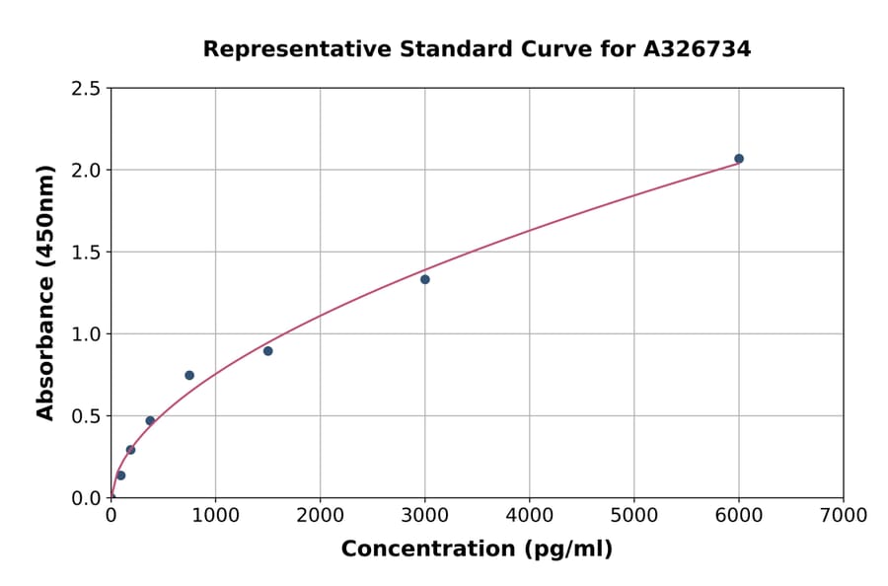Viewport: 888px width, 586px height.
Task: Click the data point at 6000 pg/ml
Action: [x=738, y=159]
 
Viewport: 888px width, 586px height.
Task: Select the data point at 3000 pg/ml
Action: [x=424, y=279]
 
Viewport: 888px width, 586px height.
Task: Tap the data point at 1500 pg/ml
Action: [x=267, y=351]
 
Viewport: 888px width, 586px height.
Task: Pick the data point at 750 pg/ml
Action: [x=189, y=375]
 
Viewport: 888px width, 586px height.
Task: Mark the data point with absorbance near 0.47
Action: [x=150, y=420]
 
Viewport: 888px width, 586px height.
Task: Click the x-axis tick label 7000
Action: [x=843, y=515]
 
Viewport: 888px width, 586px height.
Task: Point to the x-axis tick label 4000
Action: [x=529, y=515]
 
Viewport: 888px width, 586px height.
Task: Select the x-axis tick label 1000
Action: [x=215, y=515]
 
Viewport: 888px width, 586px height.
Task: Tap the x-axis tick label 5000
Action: [x=633, y=515]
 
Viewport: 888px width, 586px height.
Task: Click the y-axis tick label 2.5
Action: [x=87, y=89]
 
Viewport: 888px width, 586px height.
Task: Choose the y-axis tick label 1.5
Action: [x=87, y=253]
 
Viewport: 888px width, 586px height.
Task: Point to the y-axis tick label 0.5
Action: [x=87, y=416]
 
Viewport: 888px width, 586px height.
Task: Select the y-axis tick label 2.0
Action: [x=87, y=171]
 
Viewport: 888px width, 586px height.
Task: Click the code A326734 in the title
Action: [x=697, y=49]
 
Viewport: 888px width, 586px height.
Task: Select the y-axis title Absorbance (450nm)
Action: [x=45, y=293]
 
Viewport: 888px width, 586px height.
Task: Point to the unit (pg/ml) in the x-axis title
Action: [x=570, y=549]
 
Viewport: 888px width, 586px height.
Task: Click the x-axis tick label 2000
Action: [x=320, y=515]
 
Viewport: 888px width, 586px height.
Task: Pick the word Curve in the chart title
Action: [x=519, y=49]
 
